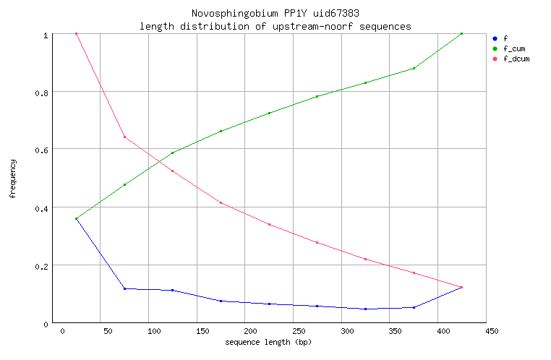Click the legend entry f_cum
click(513, 48)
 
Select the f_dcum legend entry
click(516, 59)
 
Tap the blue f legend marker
click(494, 38)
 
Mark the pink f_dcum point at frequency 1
click(76, 34)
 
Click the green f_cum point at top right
click(461, 34)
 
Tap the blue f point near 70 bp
click(124, 288)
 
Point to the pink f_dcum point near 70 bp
click(124, 137)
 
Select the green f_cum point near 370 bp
click(414, 68)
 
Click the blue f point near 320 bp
click(365, 309)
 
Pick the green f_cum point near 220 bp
click(269, 113)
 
